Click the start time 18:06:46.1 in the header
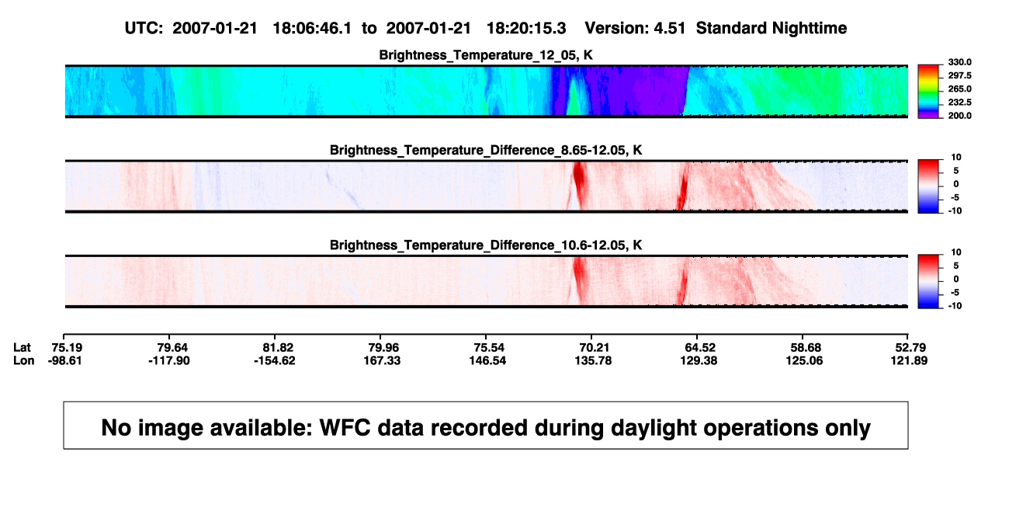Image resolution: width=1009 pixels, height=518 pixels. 312,29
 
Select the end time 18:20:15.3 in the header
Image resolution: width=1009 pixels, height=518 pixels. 526,29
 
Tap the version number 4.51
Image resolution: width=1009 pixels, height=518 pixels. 669,29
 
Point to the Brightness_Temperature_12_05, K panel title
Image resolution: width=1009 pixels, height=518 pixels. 486,55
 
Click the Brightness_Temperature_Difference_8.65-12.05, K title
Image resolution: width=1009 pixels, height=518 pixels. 486,150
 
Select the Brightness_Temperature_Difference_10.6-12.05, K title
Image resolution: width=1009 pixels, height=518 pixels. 486,245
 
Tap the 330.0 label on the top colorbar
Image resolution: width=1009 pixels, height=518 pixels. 959,62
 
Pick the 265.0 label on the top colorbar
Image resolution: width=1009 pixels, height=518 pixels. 959,89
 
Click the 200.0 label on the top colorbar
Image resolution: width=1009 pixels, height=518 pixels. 959,116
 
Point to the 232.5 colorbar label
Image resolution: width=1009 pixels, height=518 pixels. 959,103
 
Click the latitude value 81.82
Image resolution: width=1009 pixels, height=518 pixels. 278,348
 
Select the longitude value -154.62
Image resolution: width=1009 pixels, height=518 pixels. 275,360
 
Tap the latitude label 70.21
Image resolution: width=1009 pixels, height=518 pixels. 594,348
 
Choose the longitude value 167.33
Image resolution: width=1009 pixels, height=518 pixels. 382,360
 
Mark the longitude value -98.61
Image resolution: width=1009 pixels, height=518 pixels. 65,360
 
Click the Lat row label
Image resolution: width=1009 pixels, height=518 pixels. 22,348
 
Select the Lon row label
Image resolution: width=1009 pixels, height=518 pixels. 23,360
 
